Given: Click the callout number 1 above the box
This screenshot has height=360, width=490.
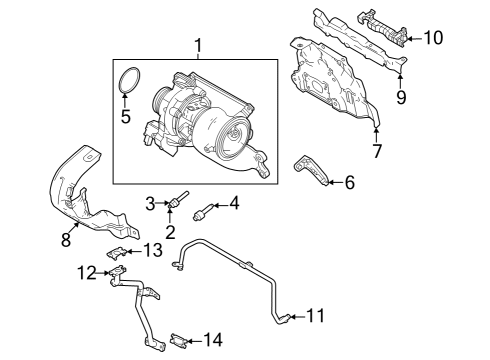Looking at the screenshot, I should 197,45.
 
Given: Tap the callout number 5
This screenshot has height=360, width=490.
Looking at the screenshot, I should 126,116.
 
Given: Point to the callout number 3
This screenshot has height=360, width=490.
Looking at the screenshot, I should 151,204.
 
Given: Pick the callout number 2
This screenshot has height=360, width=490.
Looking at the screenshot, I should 170,232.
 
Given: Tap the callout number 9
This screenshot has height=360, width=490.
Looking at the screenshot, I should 400,97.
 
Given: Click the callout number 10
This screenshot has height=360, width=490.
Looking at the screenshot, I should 433,38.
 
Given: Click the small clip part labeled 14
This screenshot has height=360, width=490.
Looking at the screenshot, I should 180,338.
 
